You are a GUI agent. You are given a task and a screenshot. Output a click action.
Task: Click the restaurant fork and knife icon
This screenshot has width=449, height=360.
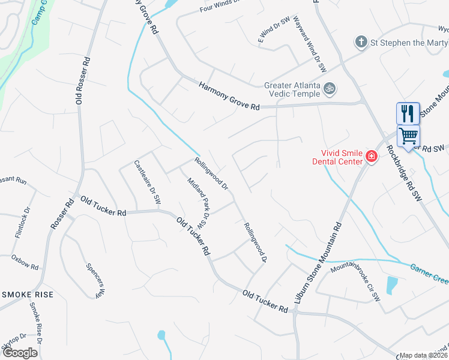[x=408, y=113]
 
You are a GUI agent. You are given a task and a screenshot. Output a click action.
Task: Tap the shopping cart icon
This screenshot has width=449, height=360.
[x=408, y=137]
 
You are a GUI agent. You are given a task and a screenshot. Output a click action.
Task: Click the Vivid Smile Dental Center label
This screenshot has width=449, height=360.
[x=337, y=157]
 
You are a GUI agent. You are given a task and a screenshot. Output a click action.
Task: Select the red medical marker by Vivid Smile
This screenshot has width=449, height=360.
[x=372, y=157]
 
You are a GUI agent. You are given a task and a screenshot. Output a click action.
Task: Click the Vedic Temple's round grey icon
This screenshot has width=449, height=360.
[x=329, y=89]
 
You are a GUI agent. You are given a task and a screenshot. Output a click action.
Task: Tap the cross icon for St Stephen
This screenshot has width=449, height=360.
[x=361, y=42]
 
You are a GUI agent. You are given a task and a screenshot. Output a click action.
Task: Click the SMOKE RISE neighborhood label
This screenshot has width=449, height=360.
[x=28, y=295]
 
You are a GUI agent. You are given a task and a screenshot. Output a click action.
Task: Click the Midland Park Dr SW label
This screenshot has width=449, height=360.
[x=197, y=203]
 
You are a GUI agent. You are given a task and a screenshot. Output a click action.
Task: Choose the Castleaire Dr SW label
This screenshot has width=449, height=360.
[x=148, y=182]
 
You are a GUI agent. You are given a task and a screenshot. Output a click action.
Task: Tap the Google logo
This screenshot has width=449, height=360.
[x=20, y=353]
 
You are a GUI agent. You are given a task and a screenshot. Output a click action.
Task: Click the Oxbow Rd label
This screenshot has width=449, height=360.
[x=25, y=262]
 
